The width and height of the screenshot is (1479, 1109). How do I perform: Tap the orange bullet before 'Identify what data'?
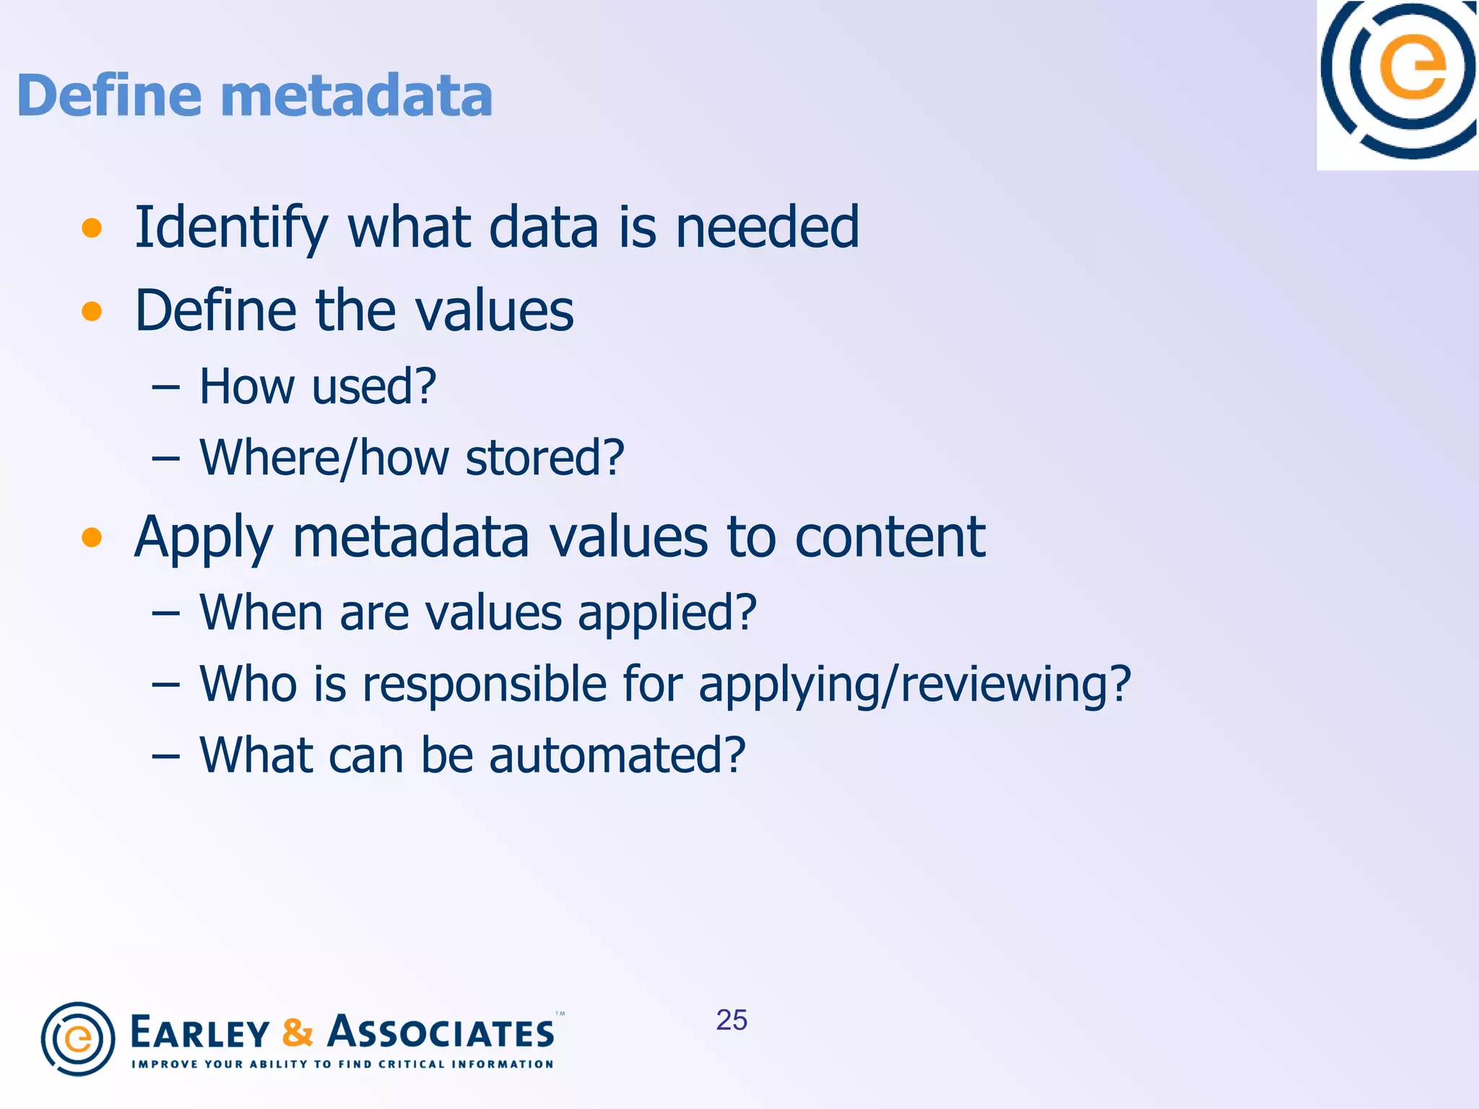click(92, 228)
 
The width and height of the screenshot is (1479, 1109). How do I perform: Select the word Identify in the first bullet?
click(231, 227)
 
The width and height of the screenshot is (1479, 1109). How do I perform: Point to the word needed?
click(767, 227)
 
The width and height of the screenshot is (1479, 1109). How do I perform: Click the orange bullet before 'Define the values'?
click(92, 311)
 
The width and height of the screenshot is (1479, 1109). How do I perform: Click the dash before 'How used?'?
click(165, 387)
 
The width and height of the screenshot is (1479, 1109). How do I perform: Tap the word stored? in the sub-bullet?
click(545, 458)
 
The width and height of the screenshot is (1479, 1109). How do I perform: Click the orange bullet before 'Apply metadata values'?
click(92, 537)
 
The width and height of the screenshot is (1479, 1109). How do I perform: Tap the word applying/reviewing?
click(914, 684)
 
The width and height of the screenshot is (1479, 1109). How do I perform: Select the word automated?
click(617, 755)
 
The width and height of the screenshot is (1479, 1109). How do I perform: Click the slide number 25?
click(731, 1020)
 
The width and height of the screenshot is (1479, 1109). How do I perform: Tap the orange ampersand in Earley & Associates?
click(298, 1032)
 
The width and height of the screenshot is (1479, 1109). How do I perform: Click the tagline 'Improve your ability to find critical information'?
click(342, 1064)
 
